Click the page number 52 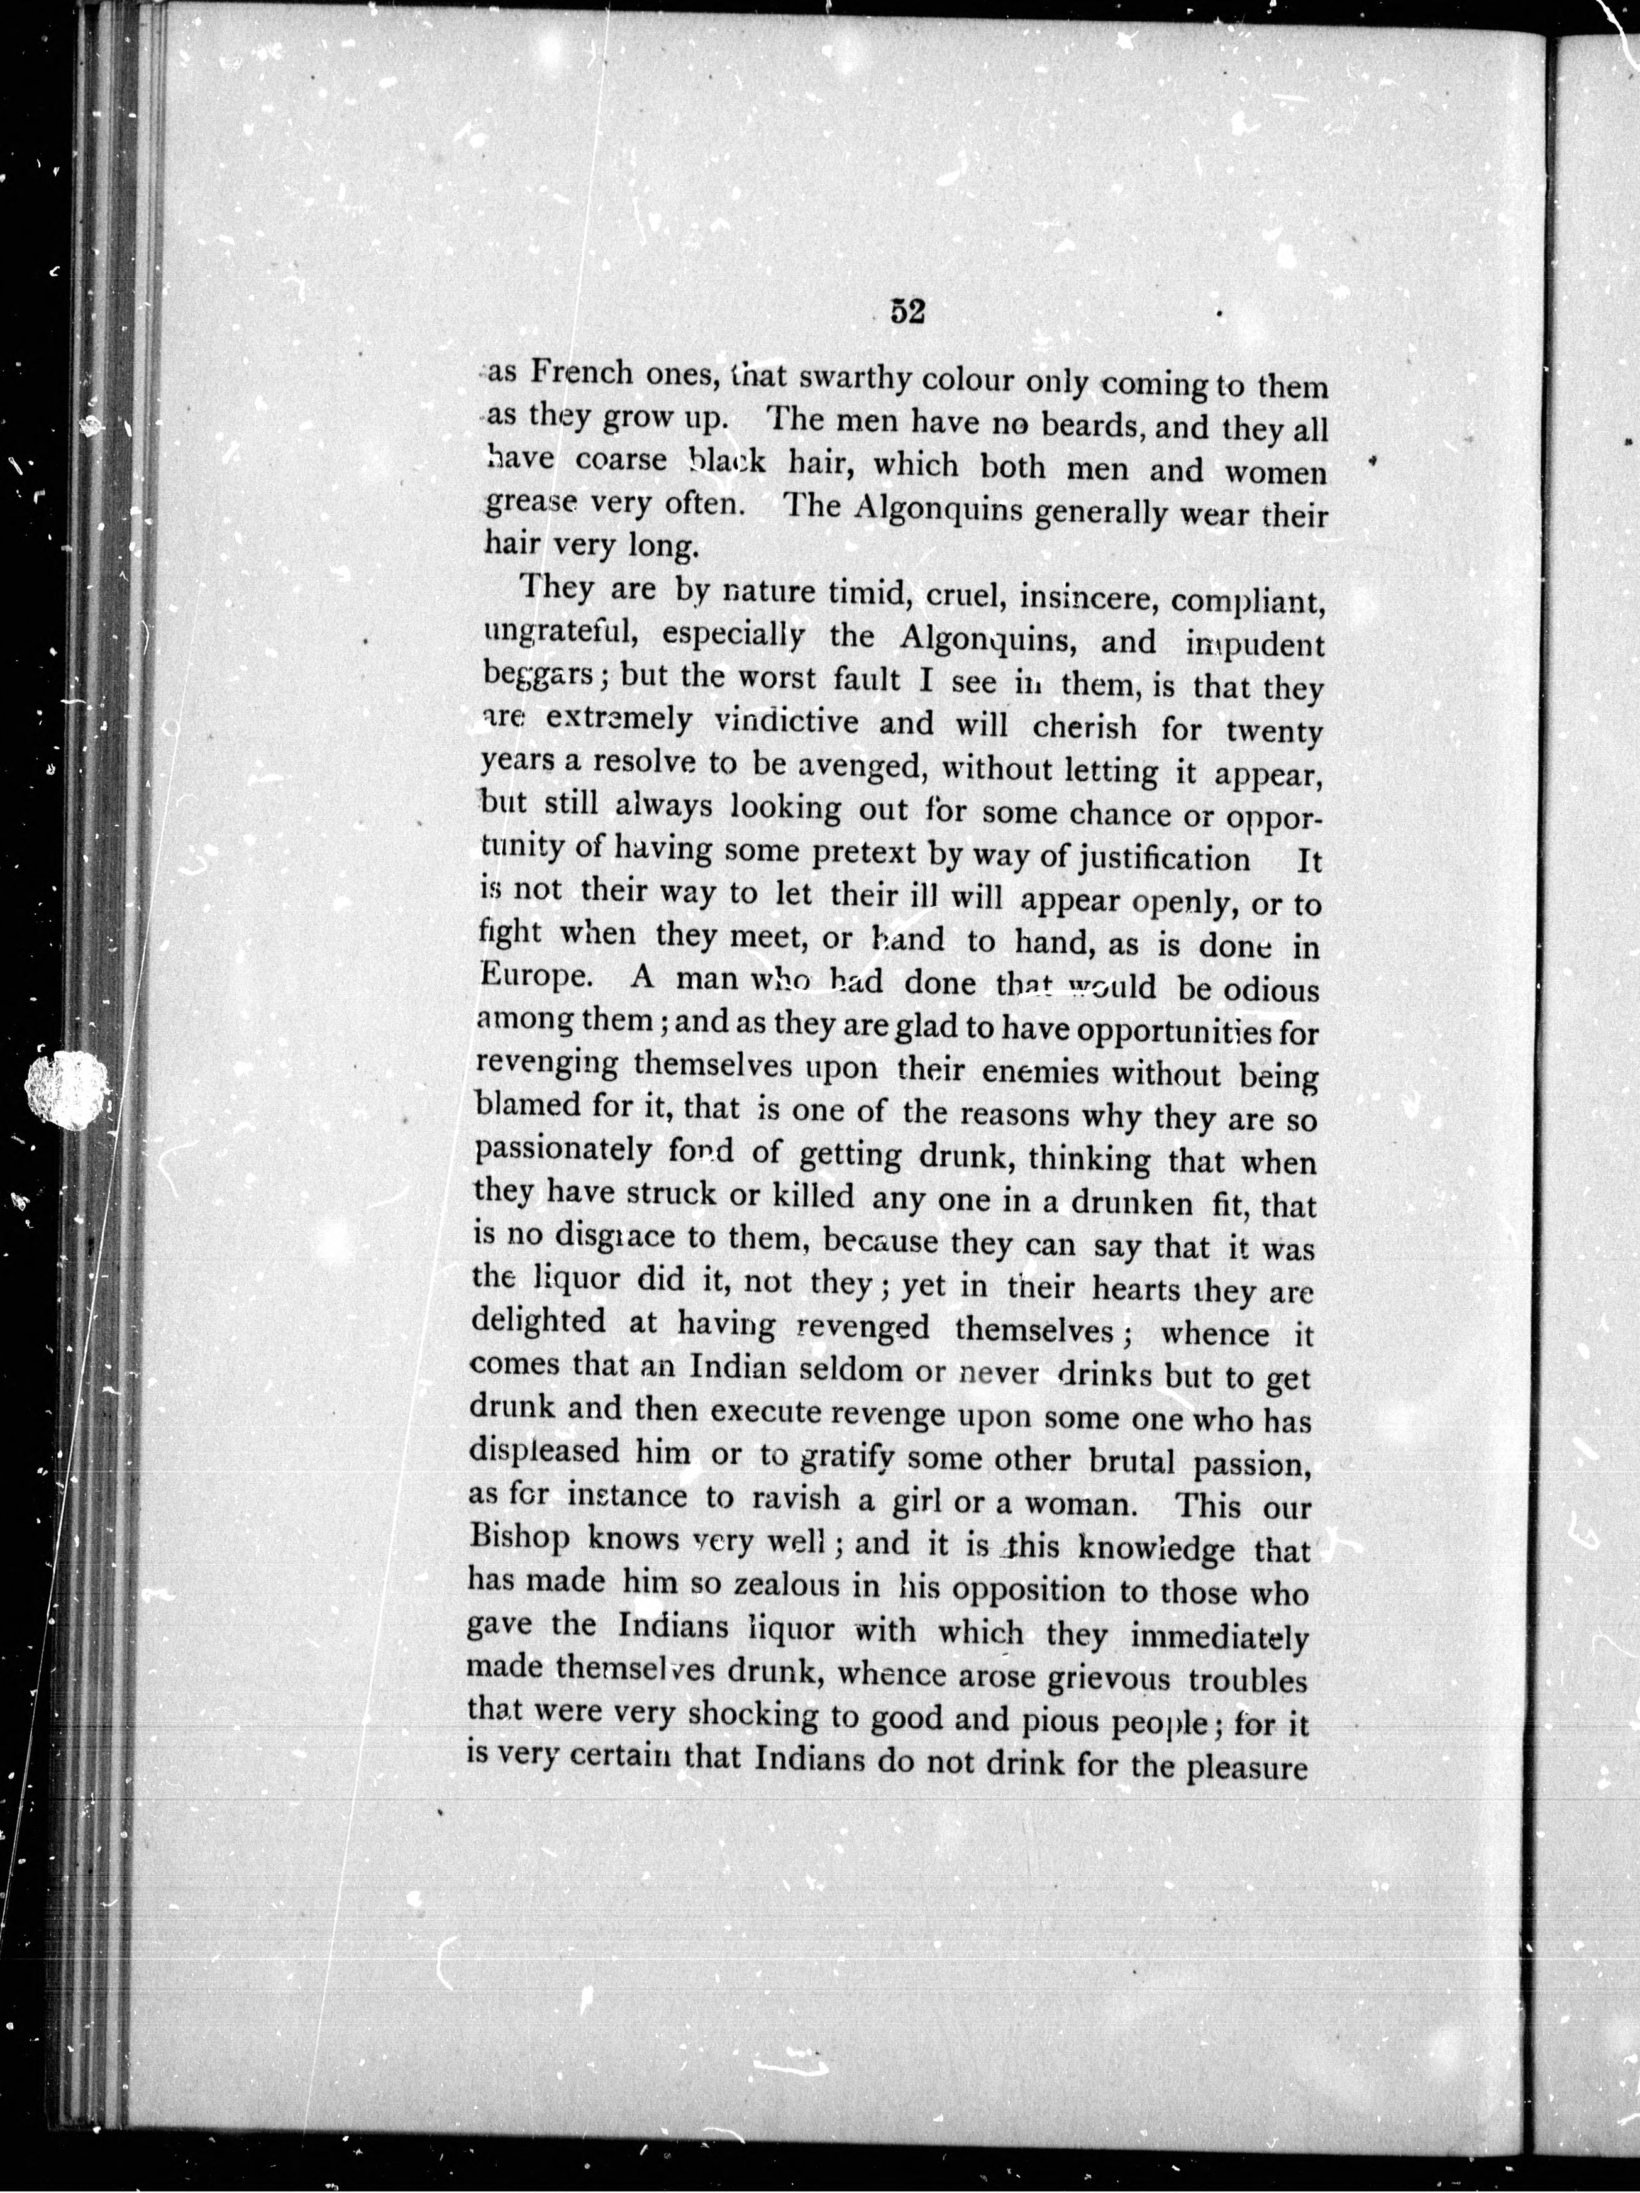[x=906, y=311]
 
